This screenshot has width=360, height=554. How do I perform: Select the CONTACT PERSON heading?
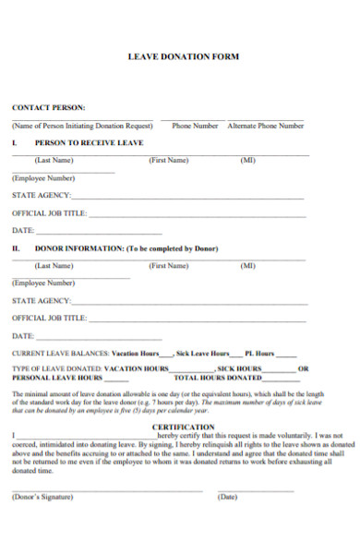(48, 107)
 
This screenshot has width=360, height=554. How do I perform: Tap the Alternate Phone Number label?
(266, 126)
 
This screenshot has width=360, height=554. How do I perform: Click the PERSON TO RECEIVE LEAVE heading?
(89, 143)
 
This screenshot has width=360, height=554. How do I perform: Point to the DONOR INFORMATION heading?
(126, 248)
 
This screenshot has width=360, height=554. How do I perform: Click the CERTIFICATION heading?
(183, 427)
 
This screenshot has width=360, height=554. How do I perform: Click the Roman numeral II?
(16, 248)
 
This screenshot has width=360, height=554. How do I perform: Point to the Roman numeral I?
(14, 143)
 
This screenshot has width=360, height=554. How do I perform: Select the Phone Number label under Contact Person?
(195, 126)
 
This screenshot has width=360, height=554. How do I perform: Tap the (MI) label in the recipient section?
(247, 160)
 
